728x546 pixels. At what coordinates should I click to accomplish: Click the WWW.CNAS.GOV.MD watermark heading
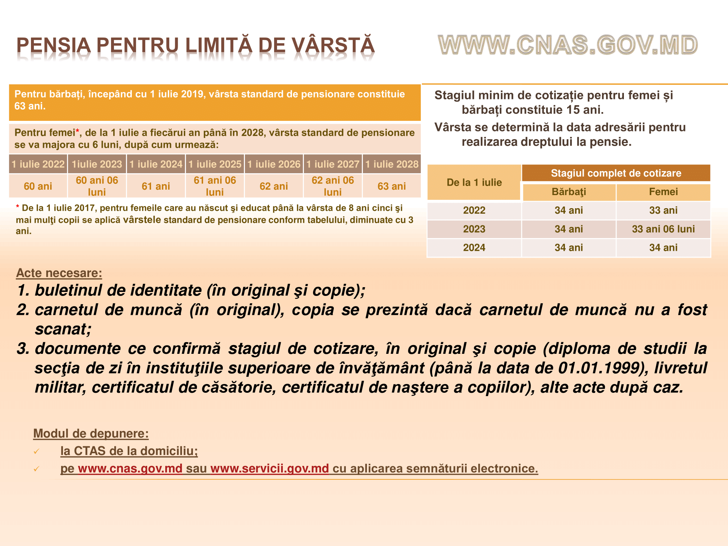click(567, 45)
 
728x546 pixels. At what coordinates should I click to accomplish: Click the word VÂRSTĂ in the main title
click(334, 46)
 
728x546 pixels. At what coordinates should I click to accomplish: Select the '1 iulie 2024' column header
click(156, 164)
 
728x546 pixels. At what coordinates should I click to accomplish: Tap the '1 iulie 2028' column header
click(392, 164)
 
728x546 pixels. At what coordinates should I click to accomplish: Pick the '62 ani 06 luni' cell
click(333, 186)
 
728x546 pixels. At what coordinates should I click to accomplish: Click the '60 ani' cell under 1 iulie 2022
click(38, 186)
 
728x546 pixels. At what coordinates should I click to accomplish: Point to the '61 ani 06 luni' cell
click(215, 186)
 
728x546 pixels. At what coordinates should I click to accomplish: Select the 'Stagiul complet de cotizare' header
click(616, 173)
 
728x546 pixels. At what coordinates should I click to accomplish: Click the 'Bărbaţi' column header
click(569, 192)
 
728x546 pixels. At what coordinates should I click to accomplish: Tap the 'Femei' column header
click(663, 192)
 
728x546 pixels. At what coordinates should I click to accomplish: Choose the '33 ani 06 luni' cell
click(663, 229)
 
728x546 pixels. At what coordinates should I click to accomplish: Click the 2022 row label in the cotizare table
click(474, 210)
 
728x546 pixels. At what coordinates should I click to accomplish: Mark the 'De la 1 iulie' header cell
click(474, 182)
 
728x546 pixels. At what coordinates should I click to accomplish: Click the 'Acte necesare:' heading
click(59, 273)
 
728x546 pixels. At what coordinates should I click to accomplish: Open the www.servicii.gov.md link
click(269, 468)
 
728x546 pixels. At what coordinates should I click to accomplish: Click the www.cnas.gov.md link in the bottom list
click(130, 468)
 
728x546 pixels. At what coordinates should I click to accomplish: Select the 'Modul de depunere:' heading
click(91, 434)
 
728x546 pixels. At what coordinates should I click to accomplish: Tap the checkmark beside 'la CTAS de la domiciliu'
click(36, 452)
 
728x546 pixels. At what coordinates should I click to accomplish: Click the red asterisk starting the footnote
click(17, 207)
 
